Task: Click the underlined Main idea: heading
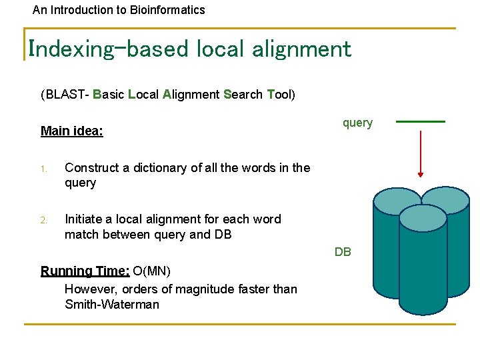72,131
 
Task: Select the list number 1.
43,169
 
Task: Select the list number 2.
43,220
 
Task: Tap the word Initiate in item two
85,219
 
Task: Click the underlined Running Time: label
85,271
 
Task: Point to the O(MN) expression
152,271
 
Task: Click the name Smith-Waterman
112,305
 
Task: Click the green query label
357,123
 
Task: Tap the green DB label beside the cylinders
343,252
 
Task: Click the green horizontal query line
420,122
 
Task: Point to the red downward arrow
420,154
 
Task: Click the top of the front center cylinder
422,217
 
